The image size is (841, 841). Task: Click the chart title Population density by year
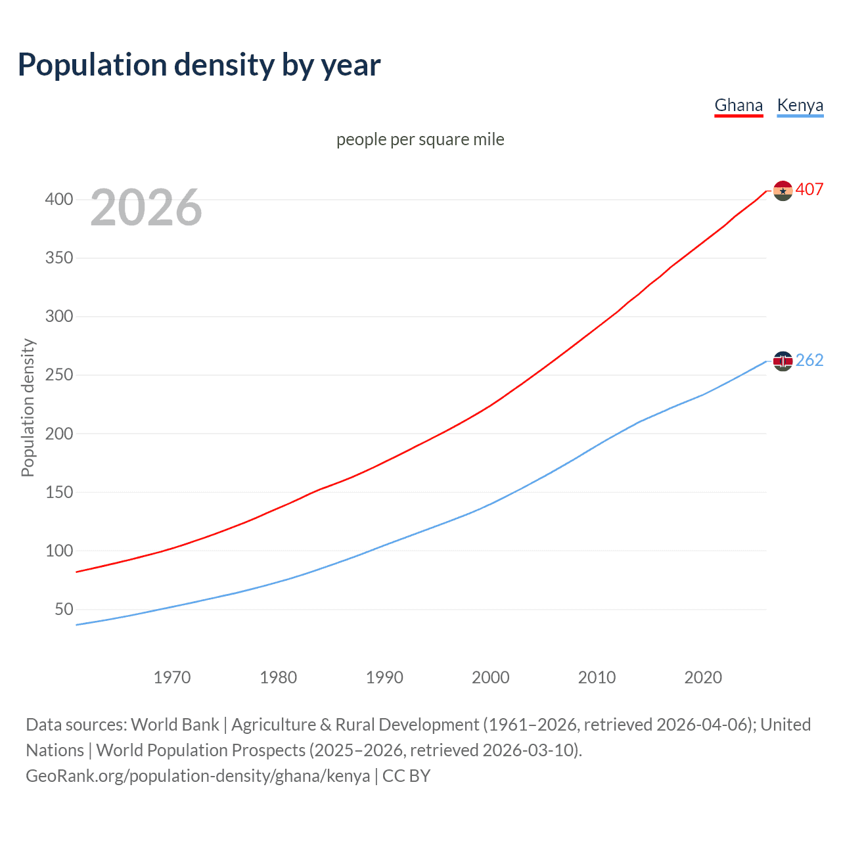(199, 65)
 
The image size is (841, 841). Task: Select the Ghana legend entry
(739, 105)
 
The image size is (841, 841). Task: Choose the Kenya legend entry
(800, 105)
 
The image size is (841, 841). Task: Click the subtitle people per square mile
(420, 139)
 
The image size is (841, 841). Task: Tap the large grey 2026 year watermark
(146, 208)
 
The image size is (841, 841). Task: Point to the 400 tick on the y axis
(59, 199)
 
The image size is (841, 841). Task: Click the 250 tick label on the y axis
(59, 375)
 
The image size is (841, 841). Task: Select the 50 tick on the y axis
(64, 609)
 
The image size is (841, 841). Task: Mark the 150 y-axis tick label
(59, 492)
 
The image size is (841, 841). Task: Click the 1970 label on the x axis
(172, 677)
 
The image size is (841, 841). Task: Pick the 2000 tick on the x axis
(491, 677)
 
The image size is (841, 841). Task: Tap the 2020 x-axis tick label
(703, 677)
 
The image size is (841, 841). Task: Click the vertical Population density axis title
(28, 407)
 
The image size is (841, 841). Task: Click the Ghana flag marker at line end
(783, 191)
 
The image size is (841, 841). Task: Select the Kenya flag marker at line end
(783, 361)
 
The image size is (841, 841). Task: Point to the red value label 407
(809, 189)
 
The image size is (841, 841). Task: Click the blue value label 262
(809, 360)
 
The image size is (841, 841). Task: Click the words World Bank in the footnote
(175, 725)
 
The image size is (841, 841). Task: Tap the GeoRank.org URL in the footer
(198, 776)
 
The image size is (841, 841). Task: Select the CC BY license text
(406, 776)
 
